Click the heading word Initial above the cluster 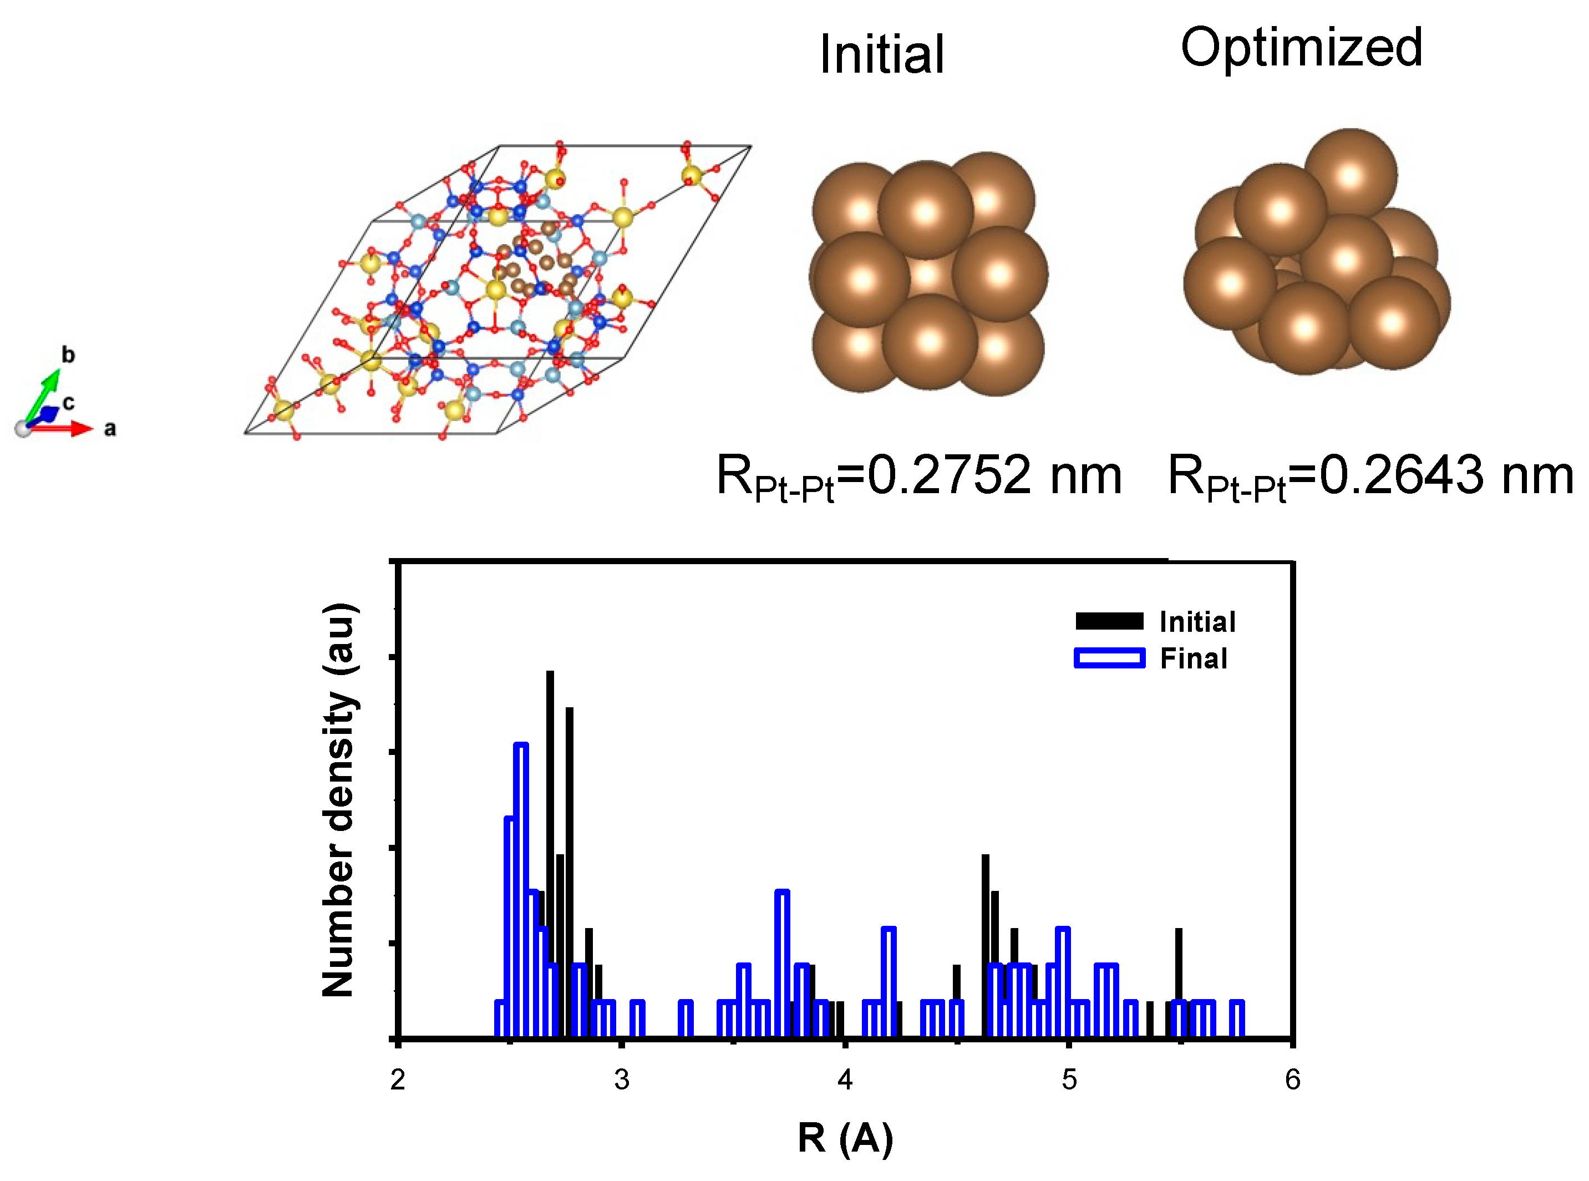881,55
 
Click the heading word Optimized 1301,48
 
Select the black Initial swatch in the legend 1109,621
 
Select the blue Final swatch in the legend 1109,658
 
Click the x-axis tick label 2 398,1080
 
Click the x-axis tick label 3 621,1080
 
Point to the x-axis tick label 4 845,1080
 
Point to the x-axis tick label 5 1069,1080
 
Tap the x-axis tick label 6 1292,1080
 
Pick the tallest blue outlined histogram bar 521,886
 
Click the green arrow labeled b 43,393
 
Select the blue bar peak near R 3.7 782,961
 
